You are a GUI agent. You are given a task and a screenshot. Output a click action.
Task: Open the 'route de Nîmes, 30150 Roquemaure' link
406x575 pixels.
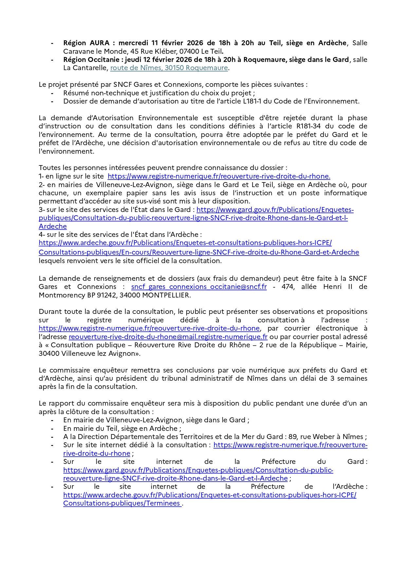pyautogui.click(x=169, y=68)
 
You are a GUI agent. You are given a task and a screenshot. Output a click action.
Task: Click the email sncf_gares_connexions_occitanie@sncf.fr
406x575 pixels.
pyautogui.click(x=199, y=287)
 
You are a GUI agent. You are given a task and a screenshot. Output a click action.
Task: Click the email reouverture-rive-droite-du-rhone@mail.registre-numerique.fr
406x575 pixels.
pyautogui.click(x=168, y=337)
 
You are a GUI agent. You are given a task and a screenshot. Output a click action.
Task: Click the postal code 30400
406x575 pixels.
pyautogui.click(x=49, y=354)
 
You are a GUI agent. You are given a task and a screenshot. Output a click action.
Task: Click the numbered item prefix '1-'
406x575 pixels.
pyautogui.click(x=41, y=176)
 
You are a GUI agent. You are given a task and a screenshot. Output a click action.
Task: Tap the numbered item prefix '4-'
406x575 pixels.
pyautogui.click(x=42, y=235)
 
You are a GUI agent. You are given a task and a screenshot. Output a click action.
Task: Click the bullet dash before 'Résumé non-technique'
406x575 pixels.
pyautogui.click(x=52, y=93)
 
